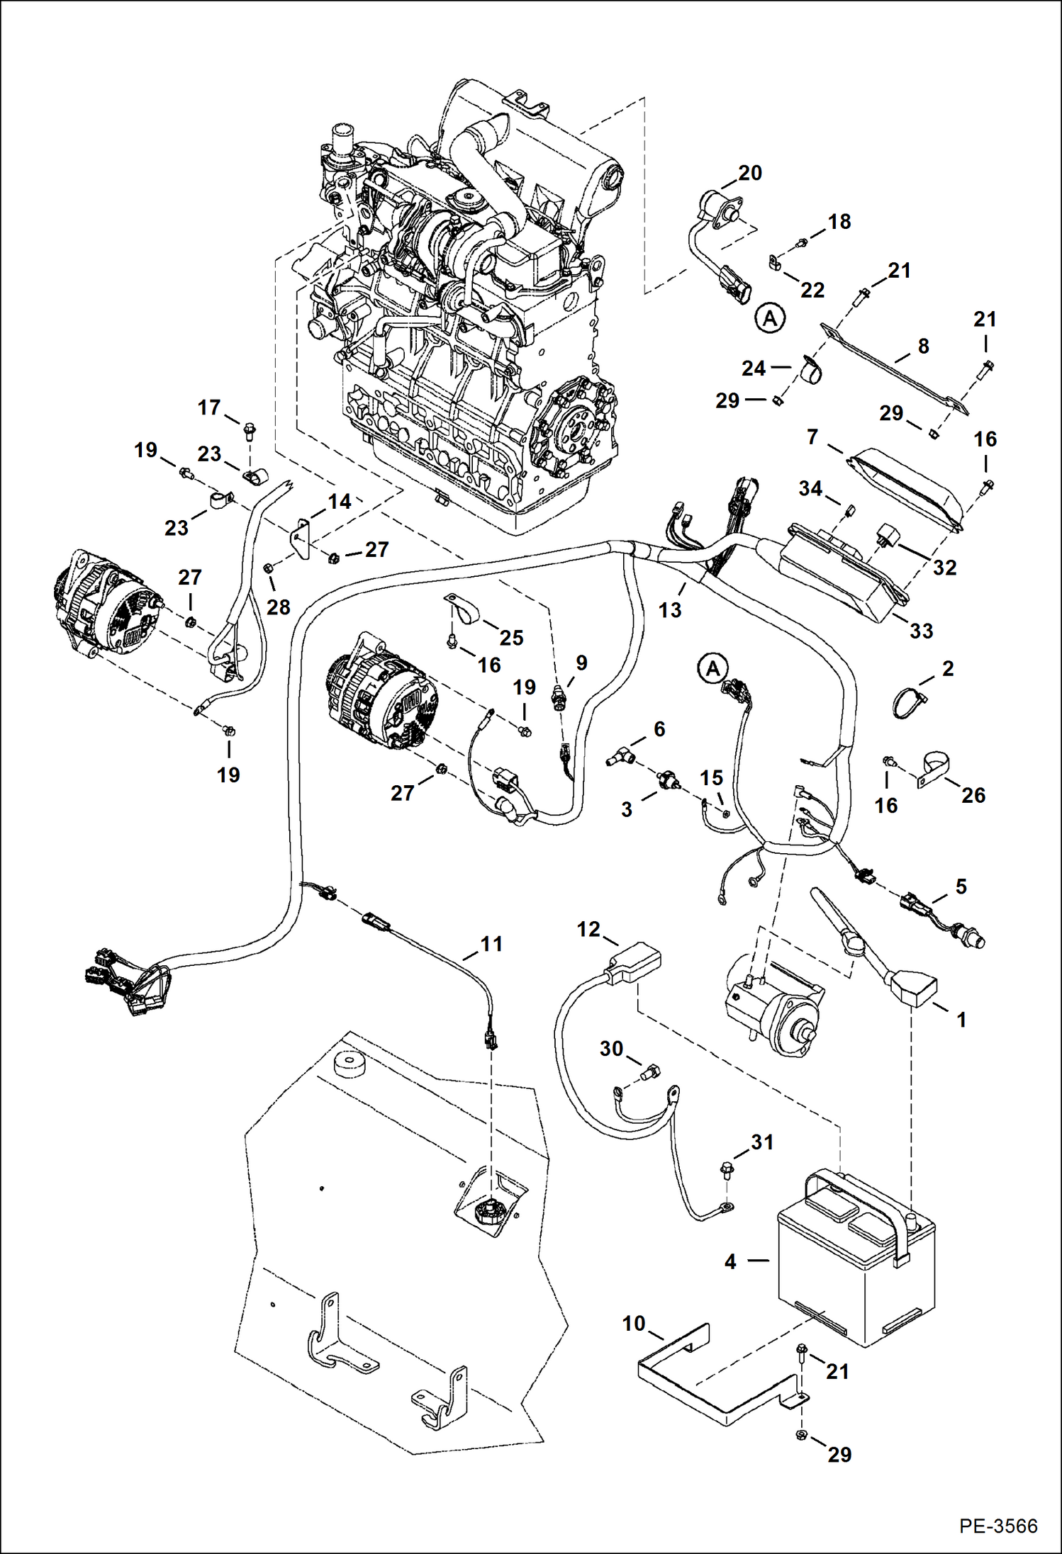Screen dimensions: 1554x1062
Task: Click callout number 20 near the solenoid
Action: click(x=750, y=173)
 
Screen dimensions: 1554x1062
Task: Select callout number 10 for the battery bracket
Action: click(x=634, y=1323)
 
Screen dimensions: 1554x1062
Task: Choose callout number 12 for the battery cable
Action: click(x=588, y=929)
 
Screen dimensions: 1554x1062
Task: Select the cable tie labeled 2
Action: click(x=907, y=702)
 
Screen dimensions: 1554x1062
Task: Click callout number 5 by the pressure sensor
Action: click(x=961, y=886)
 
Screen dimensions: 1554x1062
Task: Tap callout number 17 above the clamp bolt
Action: click(x=209, y=407)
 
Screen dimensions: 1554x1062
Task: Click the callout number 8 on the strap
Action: click(x=923, y=347)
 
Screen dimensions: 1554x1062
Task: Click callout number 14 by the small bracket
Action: click(x=340, y=502)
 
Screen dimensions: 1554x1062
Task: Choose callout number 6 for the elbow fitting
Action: click(x=659, y=728)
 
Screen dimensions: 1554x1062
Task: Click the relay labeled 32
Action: click(x=888, y=538)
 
